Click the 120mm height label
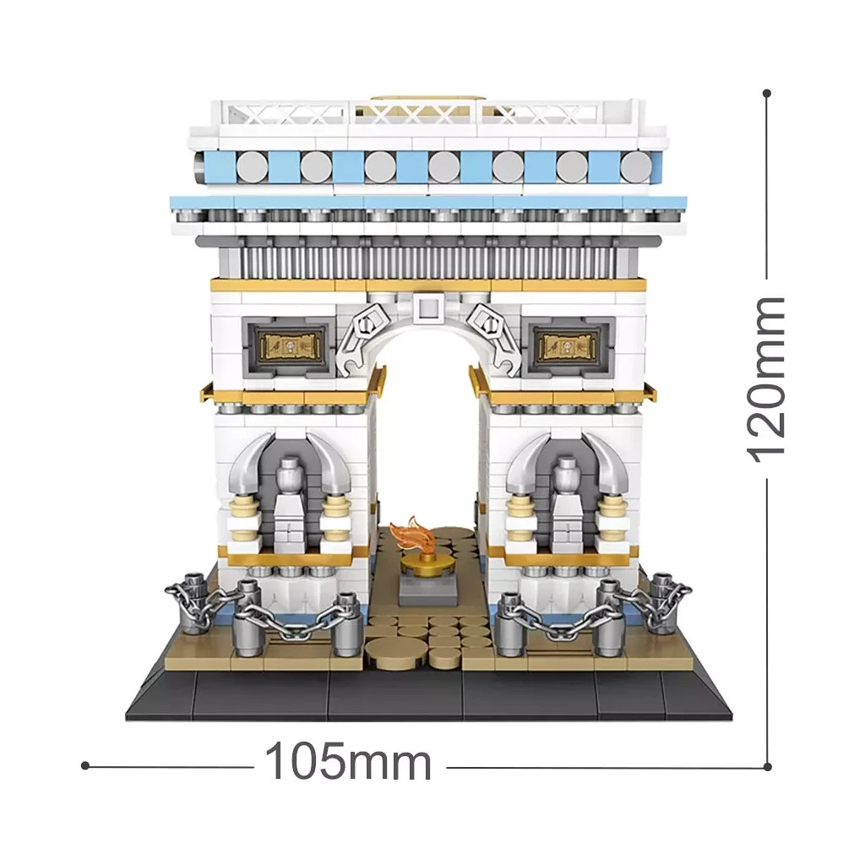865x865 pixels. pyautogui.click(x=765, y=379)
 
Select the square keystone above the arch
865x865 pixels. pyautogui.click(x=427, y=306)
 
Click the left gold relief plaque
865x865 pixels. pyautogui.click(x=291, y=346)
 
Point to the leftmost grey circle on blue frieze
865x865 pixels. pyautogui.click(x=252, y=166)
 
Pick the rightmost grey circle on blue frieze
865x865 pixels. pyautogui.click(x=636, y=166)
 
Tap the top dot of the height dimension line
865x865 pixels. pyautogui.click(x=767, y=94)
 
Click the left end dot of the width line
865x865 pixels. pyautogui.click(x=85, y=765)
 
